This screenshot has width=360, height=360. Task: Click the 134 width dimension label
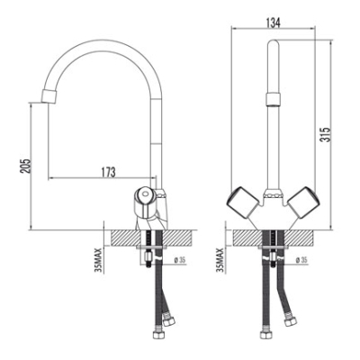coord(273,22)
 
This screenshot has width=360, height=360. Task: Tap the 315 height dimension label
coord(325,135)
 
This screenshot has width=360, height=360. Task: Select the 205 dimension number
coord(25,166)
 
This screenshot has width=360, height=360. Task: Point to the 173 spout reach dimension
coord(107,172)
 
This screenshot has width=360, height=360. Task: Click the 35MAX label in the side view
coord(99,260)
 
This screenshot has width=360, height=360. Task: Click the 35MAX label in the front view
coord(220,260)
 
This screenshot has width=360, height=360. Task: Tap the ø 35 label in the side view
coord(180,260)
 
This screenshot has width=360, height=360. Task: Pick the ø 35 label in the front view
coord(301,260)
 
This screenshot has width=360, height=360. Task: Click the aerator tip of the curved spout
coord(48,96)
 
